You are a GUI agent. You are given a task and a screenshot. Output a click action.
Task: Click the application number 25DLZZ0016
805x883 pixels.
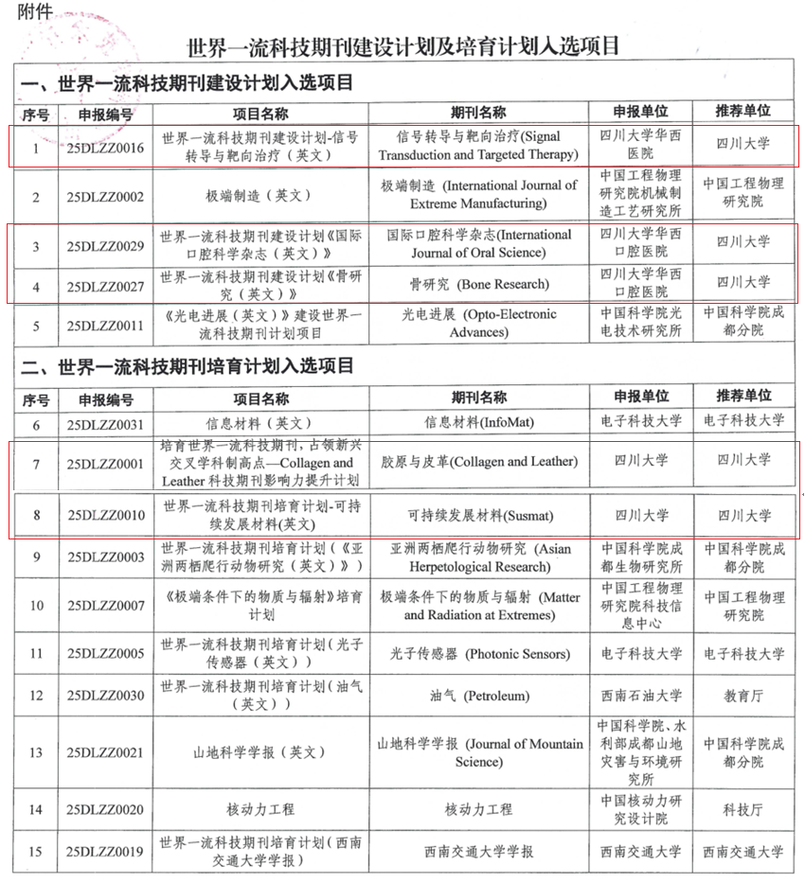pos(106,148)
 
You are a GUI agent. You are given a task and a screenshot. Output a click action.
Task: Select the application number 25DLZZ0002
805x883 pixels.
pos(106,196)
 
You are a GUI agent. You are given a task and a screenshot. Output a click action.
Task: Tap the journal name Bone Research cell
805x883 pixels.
pos(478,283)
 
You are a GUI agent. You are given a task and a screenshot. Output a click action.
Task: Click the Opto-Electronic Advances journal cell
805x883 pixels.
pos(478,323)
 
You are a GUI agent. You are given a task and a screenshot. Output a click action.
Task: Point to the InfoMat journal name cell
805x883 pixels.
pos(478,423)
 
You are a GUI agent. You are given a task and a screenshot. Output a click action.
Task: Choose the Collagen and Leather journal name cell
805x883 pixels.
pos(478,462)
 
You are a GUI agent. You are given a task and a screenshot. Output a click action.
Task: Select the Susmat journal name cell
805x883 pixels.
pos(478,516)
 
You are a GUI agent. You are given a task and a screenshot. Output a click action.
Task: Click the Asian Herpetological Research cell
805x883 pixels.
pos(478,557)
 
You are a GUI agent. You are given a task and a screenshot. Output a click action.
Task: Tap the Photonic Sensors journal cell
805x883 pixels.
pos(478,654)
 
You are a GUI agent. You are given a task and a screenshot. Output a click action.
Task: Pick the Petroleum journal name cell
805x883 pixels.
pos(478,697)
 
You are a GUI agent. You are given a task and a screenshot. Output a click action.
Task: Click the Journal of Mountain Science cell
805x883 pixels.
pos(478,752)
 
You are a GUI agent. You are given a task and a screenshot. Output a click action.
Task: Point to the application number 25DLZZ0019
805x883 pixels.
pos(106,852)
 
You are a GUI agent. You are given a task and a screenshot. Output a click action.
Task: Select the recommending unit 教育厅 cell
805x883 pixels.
pos(743,697)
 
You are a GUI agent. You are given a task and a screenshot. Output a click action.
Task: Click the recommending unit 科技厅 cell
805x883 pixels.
pos(743,809)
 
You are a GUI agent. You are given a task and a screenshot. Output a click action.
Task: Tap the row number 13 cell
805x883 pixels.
pos(36,752)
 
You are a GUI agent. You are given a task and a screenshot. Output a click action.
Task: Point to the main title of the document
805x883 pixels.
pos(403,45)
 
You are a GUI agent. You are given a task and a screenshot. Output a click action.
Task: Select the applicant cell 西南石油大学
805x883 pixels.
pos(641,697)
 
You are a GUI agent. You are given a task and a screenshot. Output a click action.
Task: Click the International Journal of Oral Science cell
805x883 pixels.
pos(478,243)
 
